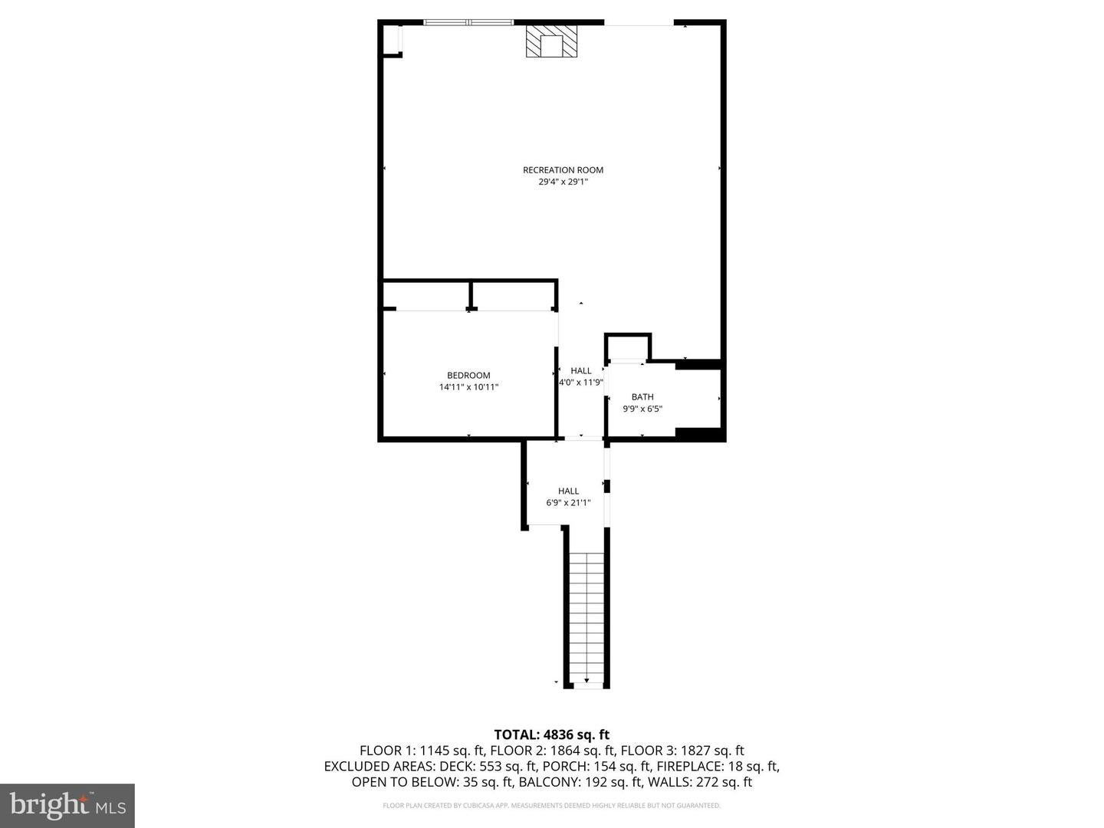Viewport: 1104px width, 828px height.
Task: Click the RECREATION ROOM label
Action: pyautogui.click(x=563, y=170)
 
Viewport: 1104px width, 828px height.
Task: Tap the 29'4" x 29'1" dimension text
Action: pyautogui.click(x=563, y=182)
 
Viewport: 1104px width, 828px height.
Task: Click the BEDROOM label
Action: pyautogui.click(x=468, y=376)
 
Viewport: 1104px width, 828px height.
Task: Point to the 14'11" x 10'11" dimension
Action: pyautogui.click(x=468, y=388)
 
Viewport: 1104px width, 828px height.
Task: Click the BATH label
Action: pyautogui.click(x=642, y=397)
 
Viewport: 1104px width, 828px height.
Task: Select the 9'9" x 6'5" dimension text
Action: pyautogui.click(x=642, y=409)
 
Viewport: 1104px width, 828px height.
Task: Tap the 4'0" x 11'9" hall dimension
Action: pyautogui.click(x=581, y=383)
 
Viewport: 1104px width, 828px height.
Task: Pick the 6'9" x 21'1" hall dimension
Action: pyautogui.click(x=568, y=503)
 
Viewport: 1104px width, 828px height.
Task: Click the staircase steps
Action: pyautogui.click(x=587, y=613)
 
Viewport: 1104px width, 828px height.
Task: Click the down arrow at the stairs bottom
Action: pyautogui.click(x=587, y=679)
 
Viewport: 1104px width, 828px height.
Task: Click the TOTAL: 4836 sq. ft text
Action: pyautogui.click(x=551, y=735)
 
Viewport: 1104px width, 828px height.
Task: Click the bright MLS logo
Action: pyautogui.click(x=67, y=806)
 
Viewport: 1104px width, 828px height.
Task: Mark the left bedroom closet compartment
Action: pyautogui.click(x=426, y=295)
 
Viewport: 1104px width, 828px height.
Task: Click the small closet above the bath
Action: pyautogui.click(x=628, y=347)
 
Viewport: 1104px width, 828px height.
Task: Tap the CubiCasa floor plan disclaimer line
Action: pyautogui.click(x=551, y=806)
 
